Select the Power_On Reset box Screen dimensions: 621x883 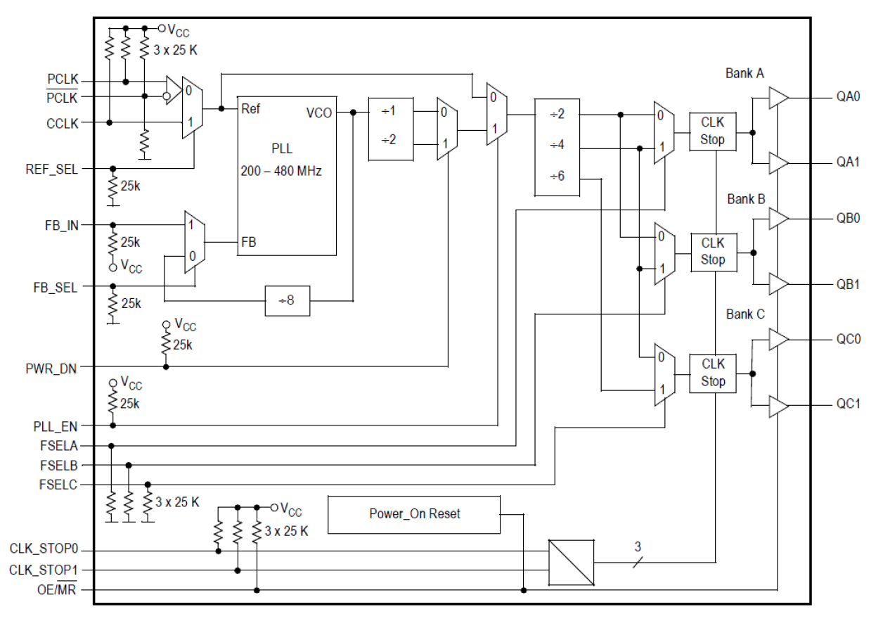tap(414, 514)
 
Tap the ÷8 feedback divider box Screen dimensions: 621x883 tap(287, 300)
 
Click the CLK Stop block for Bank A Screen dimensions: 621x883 tap(712, 132)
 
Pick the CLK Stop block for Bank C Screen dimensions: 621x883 tap(712, 373)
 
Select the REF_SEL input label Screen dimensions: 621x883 tap(53, 169)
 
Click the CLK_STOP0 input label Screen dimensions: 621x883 tap(44, 551)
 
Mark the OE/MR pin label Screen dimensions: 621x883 tap(58, 589)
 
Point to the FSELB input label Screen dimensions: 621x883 tap(59, 465)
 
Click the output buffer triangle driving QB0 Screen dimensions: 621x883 tap(778, 219)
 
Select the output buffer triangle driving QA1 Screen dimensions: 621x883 tap(778, 163)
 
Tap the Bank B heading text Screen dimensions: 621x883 tap(746, 199)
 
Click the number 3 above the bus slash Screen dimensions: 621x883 tap(638, 546)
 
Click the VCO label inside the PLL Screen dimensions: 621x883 tap(318, 113)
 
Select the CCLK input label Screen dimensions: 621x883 tap(63, 122)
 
